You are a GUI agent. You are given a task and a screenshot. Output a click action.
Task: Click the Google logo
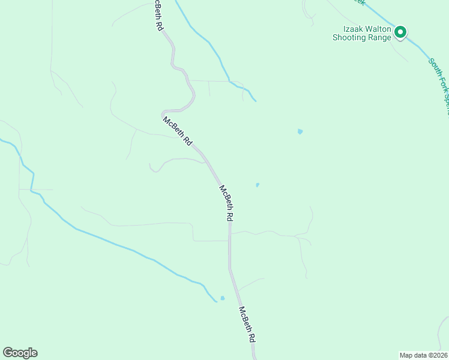[x=20, y=353]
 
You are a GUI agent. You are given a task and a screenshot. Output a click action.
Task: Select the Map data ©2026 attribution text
[x=423, y=355]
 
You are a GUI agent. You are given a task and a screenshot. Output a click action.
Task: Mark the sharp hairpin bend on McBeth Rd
[x=163, y=112]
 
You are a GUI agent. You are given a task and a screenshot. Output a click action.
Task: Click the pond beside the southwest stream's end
[x=222, y=298]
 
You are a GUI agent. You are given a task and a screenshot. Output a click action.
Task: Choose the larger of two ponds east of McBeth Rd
[x=300, y=131]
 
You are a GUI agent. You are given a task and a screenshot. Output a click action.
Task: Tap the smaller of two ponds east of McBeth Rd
[x=258, y=185]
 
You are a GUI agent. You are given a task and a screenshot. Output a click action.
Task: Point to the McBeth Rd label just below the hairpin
[x=178, y=131]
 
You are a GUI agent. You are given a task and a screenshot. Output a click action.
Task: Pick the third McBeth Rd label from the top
[x=226, y=203]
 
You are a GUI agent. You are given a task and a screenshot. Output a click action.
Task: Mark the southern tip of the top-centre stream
[x=255, y=100]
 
